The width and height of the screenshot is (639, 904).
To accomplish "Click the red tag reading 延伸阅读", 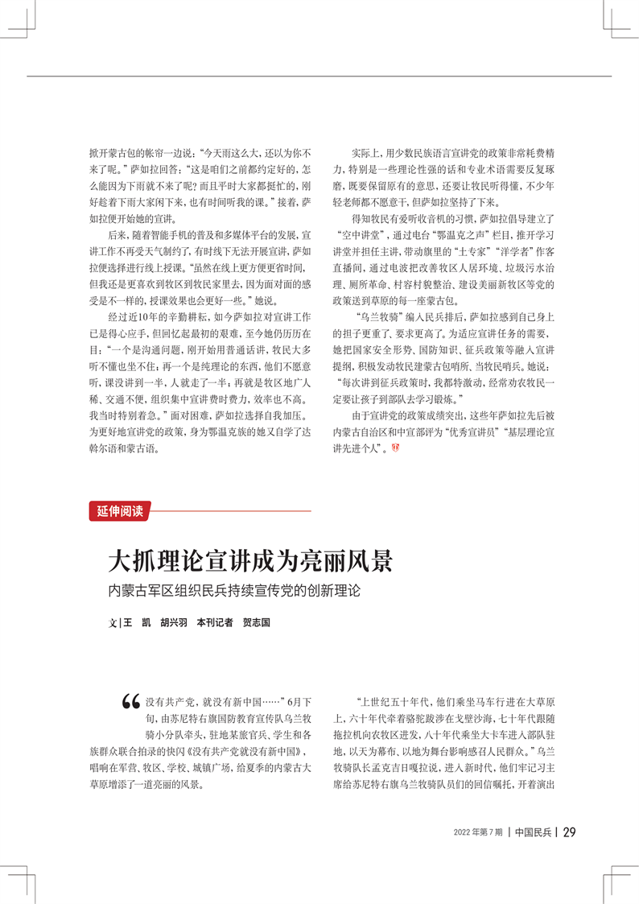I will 120,511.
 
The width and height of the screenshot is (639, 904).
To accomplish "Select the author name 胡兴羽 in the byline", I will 173,622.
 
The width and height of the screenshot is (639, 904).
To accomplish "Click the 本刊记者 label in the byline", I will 215,622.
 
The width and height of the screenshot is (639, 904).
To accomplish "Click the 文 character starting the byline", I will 113,622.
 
